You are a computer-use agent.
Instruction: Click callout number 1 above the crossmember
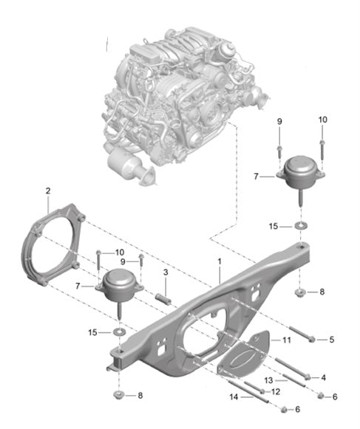(x=219, y=261)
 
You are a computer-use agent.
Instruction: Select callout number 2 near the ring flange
(x=48, y=191)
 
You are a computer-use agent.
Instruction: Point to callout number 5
(x=332, y=339)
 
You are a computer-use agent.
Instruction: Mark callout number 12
(x=274, y=391)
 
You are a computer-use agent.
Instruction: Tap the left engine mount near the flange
(x=117, y=287)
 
